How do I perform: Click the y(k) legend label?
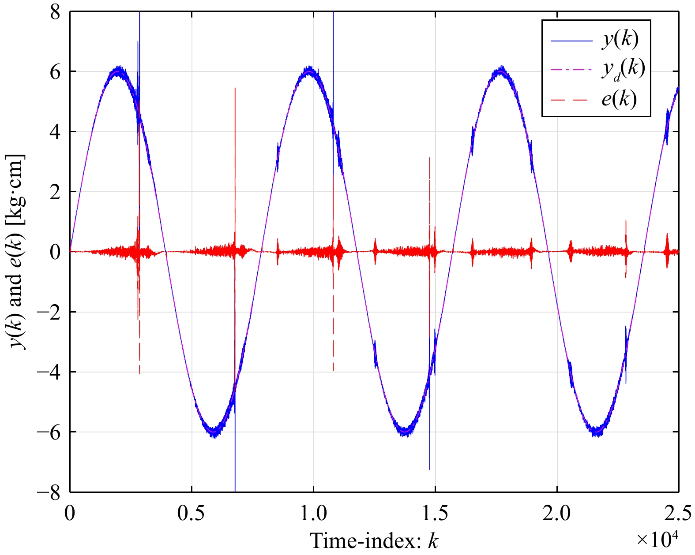click(620, 40)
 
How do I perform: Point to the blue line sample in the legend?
click(571, 41)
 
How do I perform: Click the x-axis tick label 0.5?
click(192, 514)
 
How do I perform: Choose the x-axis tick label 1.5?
click(435, 514)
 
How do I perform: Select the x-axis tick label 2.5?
click(678, 514)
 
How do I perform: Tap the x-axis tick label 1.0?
click(313, 514)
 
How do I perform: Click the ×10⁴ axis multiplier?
click(656, 539)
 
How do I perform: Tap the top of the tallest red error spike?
click(235, 88)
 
